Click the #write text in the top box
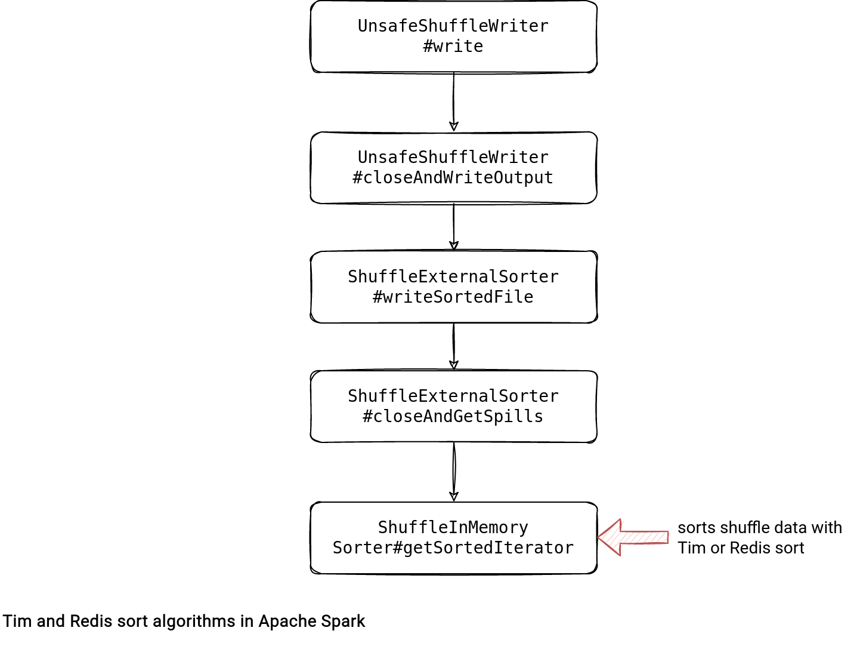point(453,47)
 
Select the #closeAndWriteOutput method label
point(453,178)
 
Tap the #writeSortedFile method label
point(453,297)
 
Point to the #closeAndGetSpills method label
point(453,417)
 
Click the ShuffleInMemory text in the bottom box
point(453,527)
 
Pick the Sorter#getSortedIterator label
point(453,548)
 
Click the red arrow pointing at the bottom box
point(633,537)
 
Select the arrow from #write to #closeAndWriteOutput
point(454,101)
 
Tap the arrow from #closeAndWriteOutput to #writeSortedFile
point(454,227)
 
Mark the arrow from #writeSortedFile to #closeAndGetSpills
point(454,346)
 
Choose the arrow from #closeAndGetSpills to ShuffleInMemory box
point(454,472)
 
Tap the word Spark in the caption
point(345,622)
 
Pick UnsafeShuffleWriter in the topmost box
point(453,26)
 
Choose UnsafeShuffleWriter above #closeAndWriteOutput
point(453,158)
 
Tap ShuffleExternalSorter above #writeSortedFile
point(453,277)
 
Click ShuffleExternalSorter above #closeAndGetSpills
point(453,396)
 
